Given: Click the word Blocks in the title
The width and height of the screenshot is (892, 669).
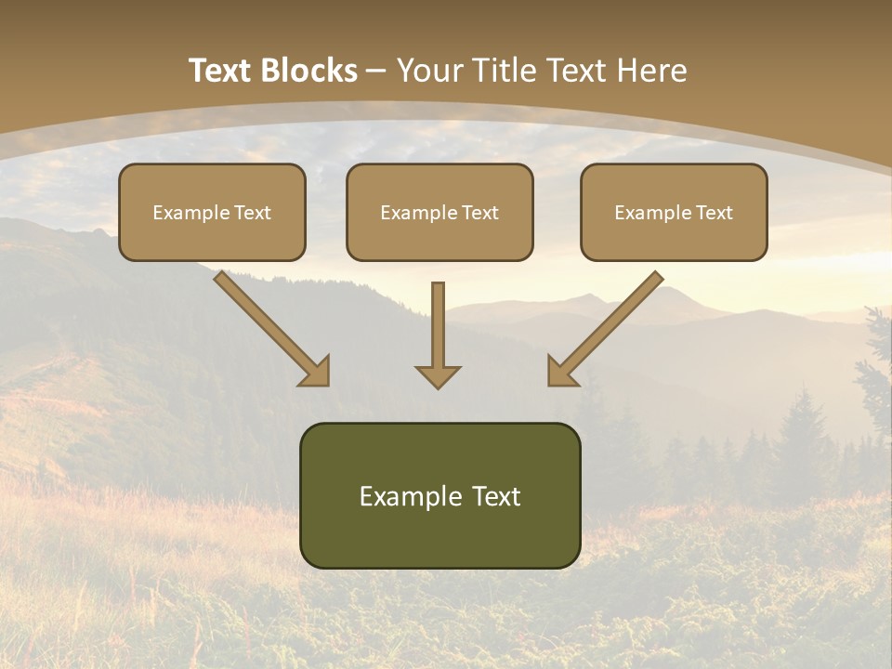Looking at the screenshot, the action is [x=309, y=70].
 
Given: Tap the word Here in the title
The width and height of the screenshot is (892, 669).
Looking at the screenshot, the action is [x=652, y=70].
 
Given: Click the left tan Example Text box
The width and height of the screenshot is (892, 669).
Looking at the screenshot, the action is [x=212, y=212].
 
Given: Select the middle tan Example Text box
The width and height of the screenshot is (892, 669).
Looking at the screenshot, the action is [x=439, y=212].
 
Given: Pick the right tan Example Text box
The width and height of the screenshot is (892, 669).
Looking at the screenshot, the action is [x=675, y=212].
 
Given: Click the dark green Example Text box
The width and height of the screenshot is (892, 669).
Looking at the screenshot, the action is [x=440, y=495].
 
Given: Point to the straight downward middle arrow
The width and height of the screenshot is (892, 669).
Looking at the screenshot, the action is [x=438, y=335].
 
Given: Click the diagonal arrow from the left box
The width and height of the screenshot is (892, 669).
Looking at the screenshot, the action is [x=272, y=329].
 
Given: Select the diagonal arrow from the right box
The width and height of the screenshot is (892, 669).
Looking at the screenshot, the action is [x=606, y=329].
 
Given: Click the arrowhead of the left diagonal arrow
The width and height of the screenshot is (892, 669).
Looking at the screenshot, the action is [x=315, y=372].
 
